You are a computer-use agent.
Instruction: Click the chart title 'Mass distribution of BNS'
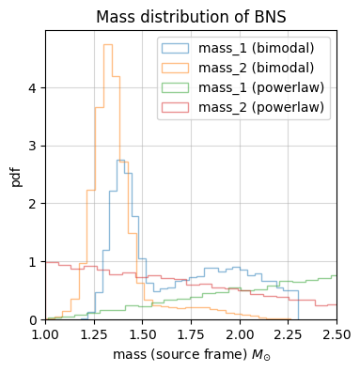coord(191,16)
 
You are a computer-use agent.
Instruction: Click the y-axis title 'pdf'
coord(16,175)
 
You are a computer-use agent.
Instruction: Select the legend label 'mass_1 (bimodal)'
coord(261,48)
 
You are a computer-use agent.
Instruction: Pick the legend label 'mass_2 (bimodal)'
coord(261,68)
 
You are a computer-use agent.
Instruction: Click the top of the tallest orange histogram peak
coord(108,44)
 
